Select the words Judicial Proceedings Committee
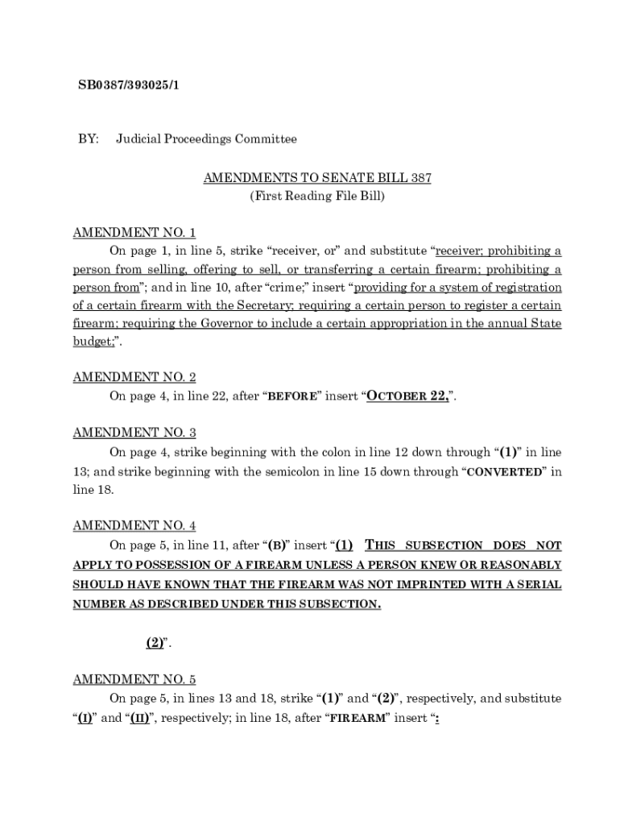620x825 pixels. [x=206, y=139]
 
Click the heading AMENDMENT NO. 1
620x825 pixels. [x=134, y=233]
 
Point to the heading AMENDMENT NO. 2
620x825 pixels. [x=134, y=377]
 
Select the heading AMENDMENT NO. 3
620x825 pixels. [x=134, y=433]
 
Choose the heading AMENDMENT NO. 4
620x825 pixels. [x=134, y=526]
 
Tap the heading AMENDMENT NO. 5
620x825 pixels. [x=134, y=679]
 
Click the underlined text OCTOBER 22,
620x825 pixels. [x=410, y=396]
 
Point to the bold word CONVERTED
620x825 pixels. [x=505, y=472]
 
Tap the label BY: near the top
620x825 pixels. [x=88, y=139]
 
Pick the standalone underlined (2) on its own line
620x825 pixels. [x=155, y=643]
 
